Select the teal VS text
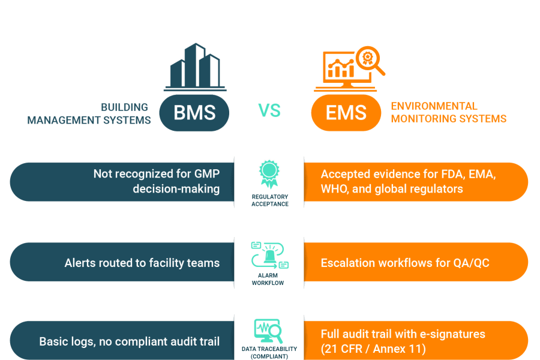click(x=269, y=110)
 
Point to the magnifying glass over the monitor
click(x=367, y=61)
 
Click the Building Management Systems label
click(x=89, y=113)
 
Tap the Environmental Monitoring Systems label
click(x=448, y=113)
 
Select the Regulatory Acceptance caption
click(x=269, y=200)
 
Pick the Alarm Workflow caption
click(x=269, y=280)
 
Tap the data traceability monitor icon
click(x=268, y=331)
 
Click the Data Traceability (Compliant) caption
click(x=269, y=352)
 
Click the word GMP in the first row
click(x=202, y=174)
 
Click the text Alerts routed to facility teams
click(x=142, y=263)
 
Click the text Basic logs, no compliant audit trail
click(x=129, y=341)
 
